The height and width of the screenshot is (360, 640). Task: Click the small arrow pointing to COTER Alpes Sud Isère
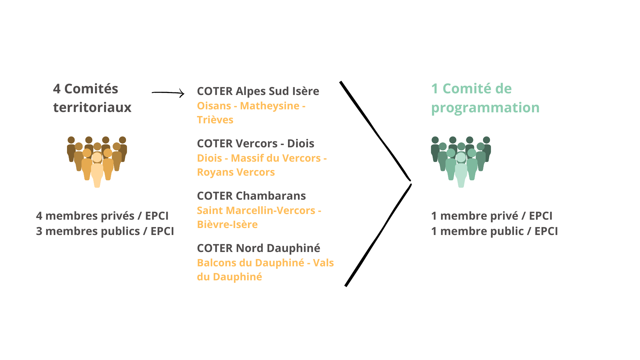pyautogui.click(x=168, y=93)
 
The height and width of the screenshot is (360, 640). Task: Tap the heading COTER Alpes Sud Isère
pyautogui.click(x=258, y=91)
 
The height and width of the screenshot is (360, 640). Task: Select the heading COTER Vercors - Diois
pyautogui.click(x=255, y=143)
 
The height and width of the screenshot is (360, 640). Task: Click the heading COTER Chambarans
pyautogui.click(x=251, y=196)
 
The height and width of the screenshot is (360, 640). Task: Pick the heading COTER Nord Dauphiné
pyautogui.click(x=258, y=248)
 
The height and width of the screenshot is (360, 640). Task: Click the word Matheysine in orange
pyautogui.click(x=270, y=106)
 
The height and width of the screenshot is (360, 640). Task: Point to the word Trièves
pyautogui.click(x=215, y=120)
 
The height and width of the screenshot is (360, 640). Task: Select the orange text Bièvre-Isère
pyautogui.click(x=227, y=224)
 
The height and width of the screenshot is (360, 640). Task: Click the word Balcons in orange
pyautogui.click(x=217, y=263)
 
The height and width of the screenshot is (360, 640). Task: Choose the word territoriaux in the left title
pyautogui.click(x=92, y=107)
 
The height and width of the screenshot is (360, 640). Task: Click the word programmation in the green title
pyautogui.click(x=485, y=107)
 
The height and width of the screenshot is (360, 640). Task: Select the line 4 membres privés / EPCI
pyautogui.click(x=102, y=216)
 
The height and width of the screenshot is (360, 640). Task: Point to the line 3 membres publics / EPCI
pyautogui.click(x=105, y=231)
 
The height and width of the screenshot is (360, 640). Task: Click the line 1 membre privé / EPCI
pyautogui.click(x=491, y=216)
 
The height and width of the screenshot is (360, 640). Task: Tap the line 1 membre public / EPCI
pyautogui.click(x=494, y=231)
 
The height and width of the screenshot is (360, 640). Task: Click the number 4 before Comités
pyautogui.click(x=57, y=89)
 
